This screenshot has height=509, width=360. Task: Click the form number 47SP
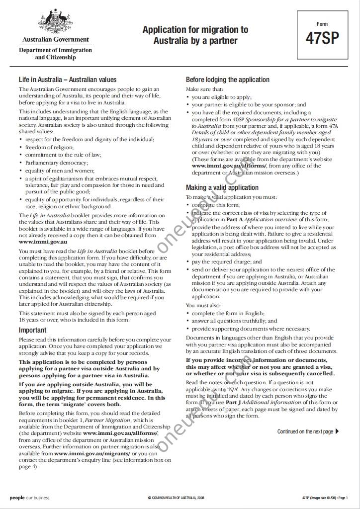(x=322, y=38)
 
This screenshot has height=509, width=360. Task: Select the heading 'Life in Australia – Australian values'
(x=68, y=80)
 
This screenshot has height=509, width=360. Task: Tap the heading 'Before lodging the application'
(x=228, y=80)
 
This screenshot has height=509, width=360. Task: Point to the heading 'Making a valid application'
(x=222, y=187)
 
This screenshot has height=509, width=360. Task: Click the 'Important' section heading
(x=33, y=330)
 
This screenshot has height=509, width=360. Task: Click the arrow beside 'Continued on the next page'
(x=338, y=431)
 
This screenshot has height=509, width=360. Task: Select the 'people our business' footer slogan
(x=29, y=498)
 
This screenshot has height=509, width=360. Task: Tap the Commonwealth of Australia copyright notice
(x=176, y=498)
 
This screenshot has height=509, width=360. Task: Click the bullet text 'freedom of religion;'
(x=49, y=147)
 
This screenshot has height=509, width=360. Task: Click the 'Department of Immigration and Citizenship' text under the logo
(x=56, y=54)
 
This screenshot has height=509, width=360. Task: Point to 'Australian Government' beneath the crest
(x=56, y=39)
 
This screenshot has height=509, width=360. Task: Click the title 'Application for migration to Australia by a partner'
(x=195, y=35)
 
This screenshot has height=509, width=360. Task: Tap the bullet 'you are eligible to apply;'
(x=222, y=97)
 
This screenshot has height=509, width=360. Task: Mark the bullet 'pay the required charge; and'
(x=227, y=261)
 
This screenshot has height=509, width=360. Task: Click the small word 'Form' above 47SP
(x=322, y=24)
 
